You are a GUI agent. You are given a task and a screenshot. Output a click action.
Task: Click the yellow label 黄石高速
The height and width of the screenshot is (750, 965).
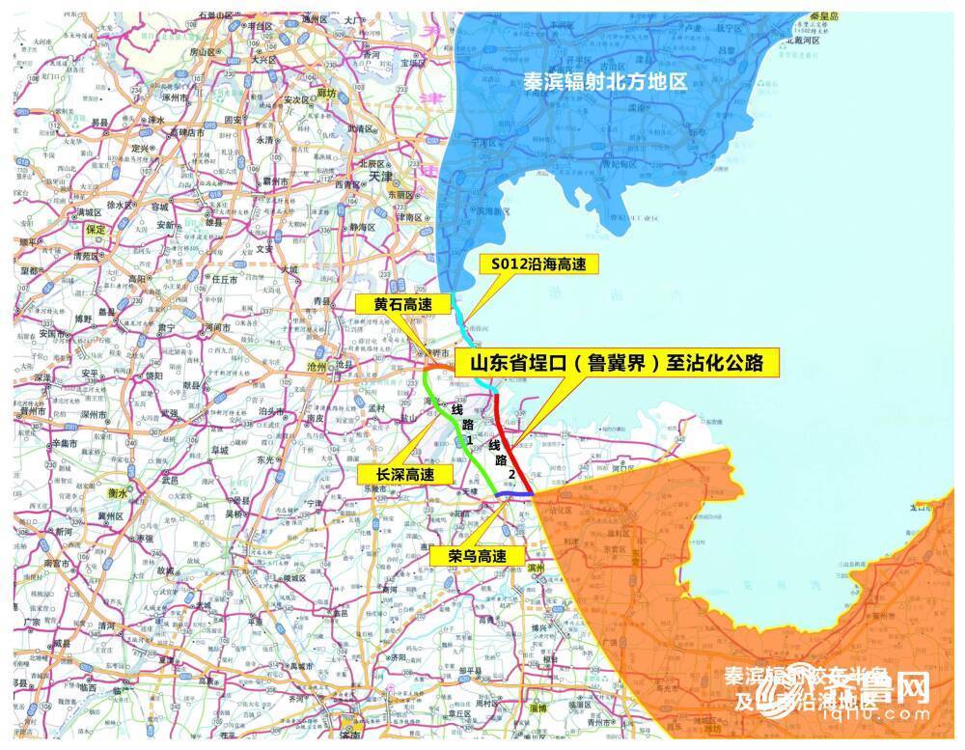click(x=401, y=304)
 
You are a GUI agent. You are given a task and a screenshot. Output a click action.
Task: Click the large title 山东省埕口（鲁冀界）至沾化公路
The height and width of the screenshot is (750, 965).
click(x=616, y=364)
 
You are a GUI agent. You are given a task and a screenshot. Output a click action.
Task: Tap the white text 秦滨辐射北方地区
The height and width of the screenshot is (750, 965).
click(x=605, y=82)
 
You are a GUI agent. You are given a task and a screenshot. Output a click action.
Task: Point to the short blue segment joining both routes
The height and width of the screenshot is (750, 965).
click(x=515, y=494)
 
